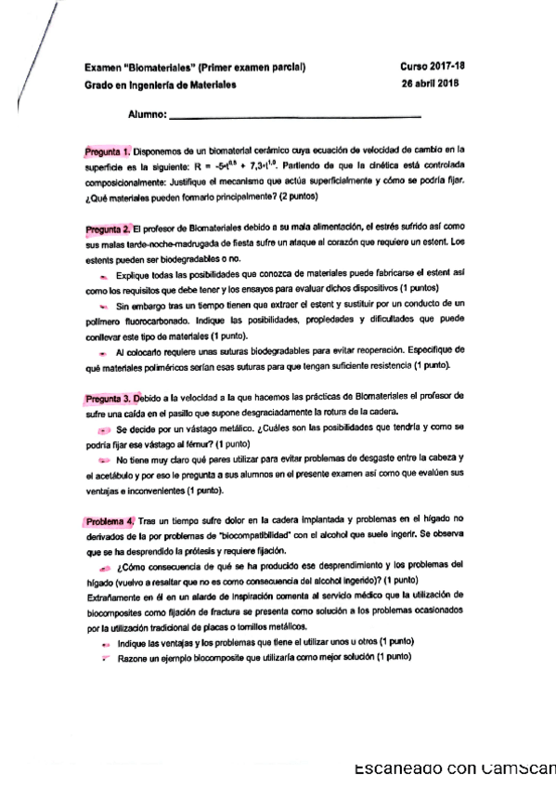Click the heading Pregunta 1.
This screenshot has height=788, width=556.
pyautogui.click(x=107, y=150)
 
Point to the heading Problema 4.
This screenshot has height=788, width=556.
pyautogui.click(x=110, y=521)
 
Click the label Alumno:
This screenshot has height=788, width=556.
pyautogui.click(x=148, y=116)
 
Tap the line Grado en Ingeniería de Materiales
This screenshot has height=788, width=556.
pyautogui.click(x=160, y=85)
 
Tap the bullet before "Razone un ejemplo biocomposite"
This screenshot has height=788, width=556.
pyautogui.click(x=104, y=656)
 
